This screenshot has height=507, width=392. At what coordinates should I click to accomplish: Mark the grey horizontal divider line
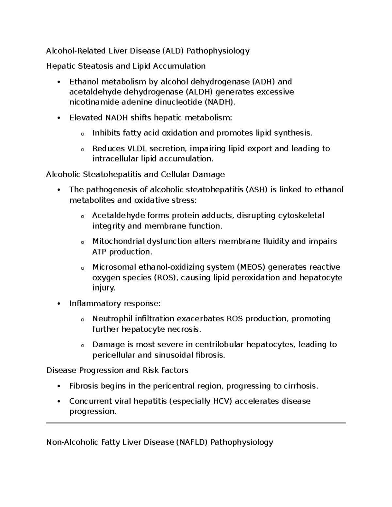pyautogui.click(x=196, y=423)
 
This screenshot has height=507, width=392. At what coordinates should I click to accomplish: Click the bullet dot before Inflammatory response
pyautogui.click(x=59, y=304)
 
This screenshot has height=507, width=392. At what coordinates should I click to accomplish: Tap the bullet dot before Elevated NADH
pyautogui.click(x=59, y=118)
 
